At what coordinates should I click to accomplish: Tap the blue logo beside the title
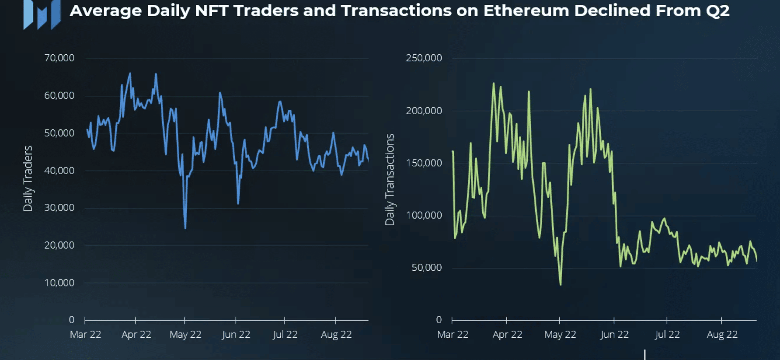(x=42, y=14)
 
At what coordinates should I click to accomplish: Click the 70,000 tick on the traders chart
(x=59, y=58)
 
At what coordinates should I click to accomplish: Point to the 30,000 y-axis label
(x=59, y=208)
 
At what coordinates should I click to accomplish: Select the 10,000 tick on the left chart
(x=59, y=283)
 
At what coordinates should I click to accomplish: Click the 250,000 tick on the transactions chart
(x=424, y=58)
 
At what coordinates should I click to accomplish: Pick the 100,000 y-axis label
(x=424, y=215)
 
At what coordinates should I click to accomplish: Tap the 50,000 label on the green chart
(x=426, y=268)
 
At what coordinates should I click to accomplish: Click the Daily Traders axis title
(x=28, y=178)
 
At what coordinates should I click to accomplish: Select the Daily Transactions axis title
(x=390, y=179)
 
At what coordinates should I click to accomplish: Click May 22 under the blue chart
(x=185, y=335)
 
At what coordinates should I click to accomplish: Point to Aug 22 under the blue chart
(x=336, y=335)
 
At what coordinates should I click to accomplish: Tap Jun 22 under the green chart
(x=614, y=335)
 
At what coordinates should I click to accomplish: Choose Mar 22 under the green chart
(x=453, y=335)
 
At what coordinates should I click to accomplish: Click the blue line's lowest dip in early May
(x=185, y=227)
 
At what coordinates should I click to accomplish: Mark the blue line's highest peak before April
(x=130, y=74)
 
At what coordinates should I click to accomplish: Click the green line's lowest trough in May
(x=561, y=284)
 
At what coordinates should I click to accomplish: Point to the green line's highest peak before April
(x=494, y=84)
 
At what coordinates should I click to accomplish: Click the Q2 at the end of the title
(x=717, y=10)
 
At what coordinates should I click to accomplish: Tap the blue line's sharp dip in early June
(x=238, y=203)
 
